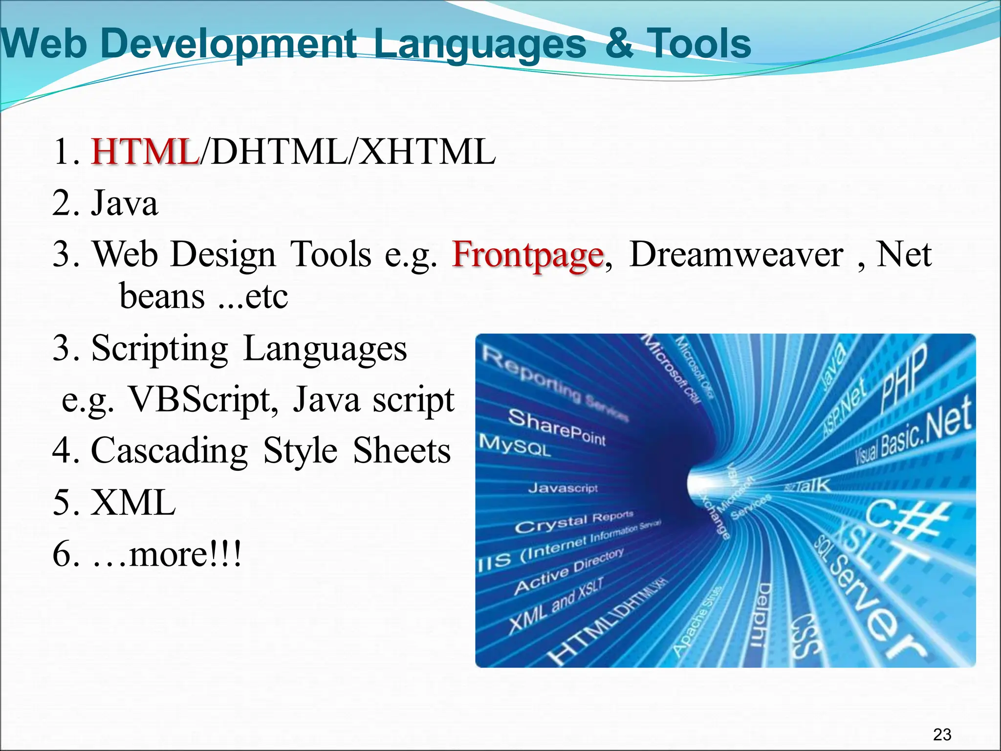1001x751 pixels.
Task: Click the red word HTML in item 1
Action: tap(145, 152)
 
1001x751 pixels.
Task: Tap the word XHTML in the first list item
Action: tap(428, 152)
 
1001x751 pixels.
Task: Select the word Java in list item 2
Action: tap(125, 203)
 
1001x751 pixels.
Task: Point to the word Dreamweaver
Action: tap(736, 255)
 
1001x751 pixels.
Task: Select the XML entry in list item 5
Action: tap(133, 503)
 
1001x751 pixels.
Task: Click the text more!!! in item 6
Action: tap(185, 554)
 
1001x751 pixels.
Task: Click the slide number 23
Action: tap(942, 734)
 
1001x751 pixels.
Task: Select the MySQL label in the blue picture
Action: tap(515, 445)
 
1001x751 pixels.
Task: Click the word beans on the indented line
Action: tap(162, 297)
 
